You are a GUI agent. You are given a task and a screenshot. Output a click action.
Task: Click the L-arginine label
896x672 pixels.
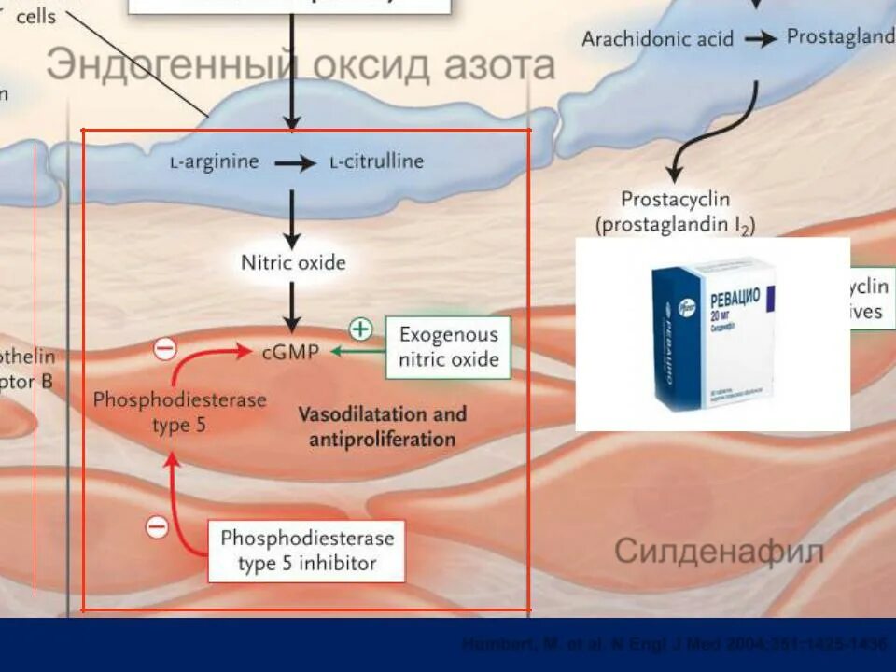tap(214, 162)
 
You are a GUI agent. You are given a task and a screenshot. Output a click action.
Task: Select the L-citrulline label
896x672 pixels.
tap(376, 162)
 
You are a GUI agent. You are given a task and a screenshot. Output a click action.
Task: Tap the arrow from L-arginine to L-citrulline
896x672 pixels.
tap(295, 163)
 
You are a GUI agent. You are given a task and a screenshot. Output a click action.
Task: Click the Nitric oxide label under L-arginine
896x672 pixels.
tap(293, 262)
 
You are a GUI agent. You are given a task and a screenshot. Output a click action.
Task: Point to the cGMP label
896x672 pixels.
tap(292, 351)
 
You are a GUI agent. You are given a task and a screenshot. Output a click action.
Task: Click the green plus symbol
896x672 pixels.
tap(360, 329)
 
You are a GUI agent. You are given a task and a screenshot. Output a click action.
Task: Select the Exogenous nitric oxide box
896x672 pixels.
tap(449, 347)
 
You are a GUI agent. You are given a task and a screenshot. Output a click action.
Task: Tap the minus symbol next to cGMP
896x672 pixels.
tap(164, 349)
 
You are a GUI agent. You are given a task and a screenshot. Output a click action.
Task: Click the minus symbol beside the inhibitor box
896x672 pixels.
tap(157, 527)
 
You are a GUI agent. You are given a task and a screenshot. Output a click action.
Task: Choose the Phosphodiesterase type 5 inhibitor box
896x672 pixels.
tap(307, 551)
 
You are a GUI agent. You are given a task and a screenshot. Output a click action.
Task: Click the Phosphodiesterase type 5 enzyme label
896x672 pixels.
tap(179, 412)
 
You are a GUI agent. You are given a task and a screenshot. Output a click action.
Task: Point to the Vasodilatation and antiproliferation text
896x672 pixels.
tap(382, 426)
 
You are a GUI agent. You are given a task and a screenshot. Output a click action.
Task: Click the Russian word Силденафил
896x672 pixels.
tap(719, 552)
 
